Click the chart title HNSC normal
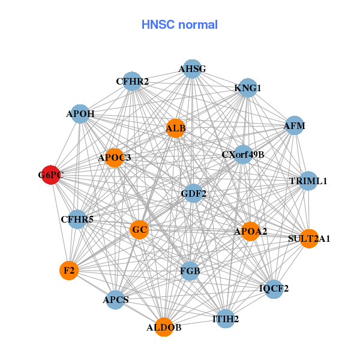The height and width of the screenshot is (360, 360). coord(179,25)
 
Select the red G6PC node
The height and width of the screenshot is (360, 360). coord(51,175)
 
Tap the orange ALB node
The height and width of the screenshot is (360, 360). coord(176,128)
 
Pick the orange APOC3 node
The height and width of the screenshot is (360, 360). coord(115,158)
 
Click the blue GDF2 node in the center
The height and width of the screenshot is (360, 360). coord(193,193)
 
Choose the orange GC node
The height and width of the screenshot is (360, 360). coord(139,230)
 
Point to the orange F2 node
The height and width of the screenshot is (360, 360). coord(69,271)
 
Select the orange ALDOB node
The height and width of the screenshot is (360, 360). coord(164,327)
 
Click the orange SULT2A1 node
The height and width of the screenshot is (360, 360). coord(309,238)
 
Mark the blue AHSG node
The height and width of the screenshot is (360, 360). coord(192,69)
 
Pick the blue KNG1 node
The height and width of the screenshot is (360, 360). coord(248,88)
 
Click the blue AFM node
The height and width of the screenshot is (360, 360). coord(294,126)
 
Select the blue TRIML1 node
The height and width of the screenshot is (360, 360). coord(308,181)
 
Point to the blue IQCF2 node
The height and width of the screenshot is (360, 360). coord(274,289)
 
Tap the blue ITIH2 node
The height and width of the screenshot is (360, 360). coord(226,319)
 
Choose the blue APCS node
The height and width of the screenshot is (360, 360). coord(115,299)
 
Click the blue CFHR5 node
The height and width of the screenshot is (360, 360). coord(77,219)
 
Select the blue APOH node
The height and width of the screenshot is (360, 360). coord(80,113)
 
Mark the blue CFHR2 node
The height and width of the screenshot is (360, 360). coord(133,81)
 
